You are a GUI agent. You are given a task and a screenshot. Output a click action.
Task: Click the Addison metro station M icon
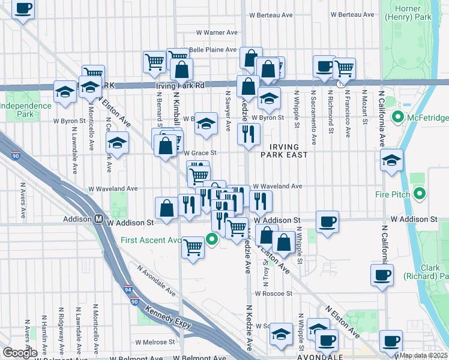point(97,220)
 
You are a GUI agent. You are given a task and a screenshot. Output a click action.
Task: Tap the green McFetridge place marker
point(397,117)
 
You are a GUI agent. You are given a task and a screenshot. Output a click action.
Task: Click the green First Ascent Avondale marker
point(211,239)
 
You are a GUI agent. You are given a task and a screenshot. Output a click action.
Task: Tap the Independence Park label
point(26,110)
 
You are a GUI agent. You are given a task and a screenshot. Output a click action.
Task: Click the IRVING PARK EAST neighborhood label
point(280,150)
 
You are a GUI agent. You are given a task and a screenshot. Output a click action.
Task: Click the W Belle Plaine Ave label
point(214,49)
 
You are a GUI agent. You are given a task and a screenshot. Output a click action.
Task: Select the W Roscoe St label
point(273,294)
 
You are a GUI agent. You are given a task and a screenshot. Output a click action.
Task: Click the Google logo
point(19,353)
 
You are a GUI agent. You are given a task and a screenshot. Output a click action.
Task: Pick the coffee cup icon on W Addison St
point(327,221)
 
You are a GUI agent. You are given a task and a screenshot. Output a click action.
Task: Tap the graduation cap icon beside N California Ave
point(391,160)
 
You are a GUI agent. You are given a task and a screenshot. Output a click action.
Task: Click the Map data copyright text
point(423,356)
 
